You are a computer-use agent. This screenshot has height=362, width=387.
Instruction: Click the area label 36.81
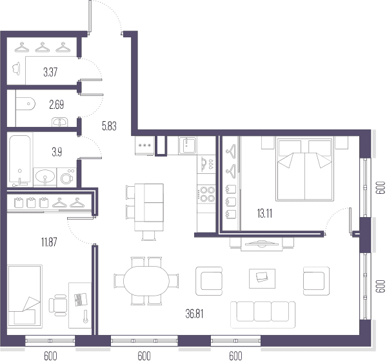pos(195,314)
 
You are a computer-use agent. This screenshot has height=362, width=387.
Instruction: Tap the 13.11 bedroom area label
pos(264,213)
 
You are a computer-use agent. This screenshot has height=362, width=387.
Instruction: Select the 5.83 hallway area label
pos(109,126)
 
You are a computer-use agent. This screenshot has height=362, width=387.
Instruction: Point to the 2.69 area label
pos(57,105)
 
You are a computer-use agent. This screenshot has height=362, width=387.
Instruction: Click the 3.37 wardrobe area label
pos(50,72)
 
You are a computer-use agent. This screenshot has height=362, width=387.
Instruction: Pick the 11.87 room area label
pos(49,242)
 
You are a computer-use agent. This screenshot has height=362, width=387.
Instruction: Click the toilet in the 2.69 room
pos(25,104)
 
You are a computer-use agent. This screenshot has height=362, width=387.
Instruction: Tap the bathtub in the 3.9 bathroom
pos(20,160)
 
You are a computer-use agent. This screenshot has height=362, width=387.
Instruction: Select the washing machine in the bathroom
pos(66,177)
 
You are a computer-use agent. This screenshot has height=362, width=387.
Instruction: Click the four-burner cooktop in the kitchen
pos(206,194)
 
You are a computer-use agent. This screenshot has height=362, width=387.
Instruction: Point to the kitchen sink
pos(188,146)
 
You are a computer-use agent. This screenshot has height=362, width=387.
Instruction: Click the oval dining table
pos(146,281)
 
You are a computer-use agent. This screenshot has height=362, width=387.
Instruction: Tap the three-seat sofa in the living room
pos(263,315)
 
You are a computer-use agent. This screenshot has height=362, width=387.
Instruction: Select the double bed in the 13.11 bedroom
pos(305,169)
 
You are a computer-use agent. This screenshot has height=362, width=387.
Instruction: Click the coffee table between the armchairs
pos(262,278)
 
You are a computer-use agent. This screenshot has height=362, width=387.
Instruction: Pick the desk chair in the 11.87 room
pos(58,305)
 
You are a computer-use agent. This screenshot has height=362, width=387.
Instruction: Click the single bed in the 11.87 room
pos(25,296)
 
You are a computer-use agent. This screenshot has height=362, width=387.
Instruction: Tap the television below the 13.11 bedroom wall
pos(262,243)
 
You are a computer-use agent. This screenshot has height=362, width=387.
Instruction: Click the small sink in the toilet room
pos(60,122)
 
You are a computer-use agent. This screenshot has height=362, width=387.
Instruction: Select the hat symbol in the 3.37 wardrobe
pos(17,68)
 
